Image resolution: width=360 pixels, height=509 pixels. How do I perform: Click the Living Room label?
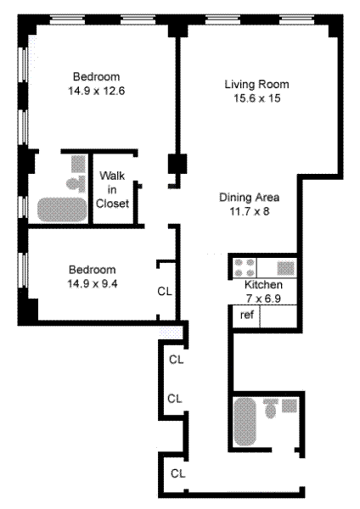tap(256, 84)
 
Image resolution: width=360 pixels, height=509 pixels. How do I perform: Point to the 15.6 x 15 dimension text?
tap(257, 98)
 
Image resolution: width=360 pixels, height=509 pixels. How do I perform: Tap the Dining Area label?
tap(250, 197)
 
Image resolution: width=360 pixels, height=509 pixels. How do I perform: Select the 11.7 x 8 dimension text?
tap(250, 211)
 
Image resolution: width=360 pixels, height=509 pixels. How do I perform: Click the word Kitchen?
tap(263, 284)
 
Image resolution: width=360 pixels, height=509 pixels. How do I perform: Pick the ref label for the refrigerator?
tap(246, 315)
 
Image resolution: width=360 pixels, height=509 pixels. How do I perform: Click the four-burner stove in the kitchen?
tap(245, 267)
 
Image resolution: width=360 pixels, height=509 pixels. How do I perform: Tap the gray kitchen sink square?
tap(285, 268)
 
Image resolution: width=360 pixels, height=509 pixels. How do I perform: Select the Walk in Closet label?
tap(112, 189)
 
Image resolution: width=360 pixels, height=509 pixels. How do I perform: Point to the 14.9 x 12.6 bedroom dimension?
tap(96, 91)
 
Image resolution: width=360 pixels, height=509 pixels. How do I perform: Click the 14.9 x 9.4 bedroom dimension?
tap(93, 283)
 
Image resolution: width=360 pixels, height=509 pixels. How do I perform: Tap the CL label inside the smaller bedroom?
tap(165, 291)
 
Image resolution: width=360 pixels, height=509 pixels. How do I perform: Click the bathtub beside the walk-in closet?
tap(62, 210)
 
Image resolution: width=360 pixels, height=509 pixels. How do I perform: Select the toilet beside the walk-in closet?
tap(76, 184)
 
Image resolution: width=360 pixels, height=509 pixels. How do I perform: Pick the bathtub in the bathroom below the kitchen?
tap(245, 422)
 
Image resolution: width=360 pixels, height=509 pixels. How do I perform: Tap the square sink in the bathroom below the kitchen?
tap(290, 406)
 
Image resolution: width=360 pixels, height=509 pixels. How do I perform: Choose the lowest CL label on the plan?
tap(177, 473)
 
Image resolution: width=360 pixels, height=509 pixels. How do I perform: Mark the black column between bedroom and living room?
tap(177, 164)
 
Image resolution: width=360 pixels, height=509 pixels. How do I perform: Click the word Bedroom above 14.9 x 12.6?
tap(96, 76)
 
